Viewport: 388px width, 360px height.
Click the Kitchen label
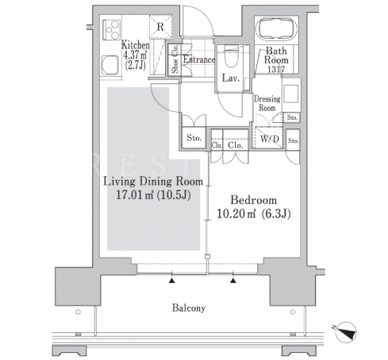[x=136, y=45]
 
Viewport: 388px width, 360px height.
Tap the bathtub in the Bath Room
[x=276, y=29]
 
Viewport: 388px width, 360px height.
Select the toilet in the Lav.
[x=231, y=56]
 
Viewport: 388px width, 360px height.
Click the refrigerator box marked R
[x=160, y=27]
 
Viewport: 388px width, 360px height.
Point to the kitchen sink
[x=110, y=65]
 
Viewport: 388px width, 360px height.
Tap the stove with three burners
[x=112, y=30]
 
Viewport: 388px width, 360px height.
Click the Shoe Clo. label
[x=175, y=59]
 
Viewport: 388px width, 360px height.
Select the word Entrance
[x=199, y=59]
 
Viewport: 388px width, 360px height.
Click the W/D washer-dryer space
[x=269, y=139]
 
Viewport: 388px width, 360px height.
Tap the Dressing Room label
[x=267, y=103]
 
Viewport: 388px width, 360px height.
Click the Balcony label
[x=189, y=308]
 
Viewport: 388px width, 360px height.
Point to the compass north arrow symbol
[x=345, y=332]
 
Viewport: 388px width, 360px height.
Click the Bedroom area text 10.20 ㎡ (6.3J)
[x=253, y=213]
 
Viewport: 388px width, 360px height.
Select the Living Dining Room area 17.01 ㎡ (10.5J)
[x=153, y=195]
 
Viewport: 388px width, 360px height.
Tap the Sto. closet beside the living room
[x=194, y=138]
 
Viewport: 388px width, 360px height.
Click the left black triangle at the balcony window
[x=172, y=281]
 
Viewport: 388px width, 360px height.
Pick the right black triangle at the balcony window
[x=233, y=281]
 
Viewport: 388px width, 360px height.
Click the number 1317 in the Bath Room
[x=276, y=69]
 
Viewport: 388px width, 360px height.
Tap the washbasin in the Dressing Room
[x=291, y=94]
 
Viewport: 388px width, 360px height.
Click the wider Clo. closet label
[x=235, y=145]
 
